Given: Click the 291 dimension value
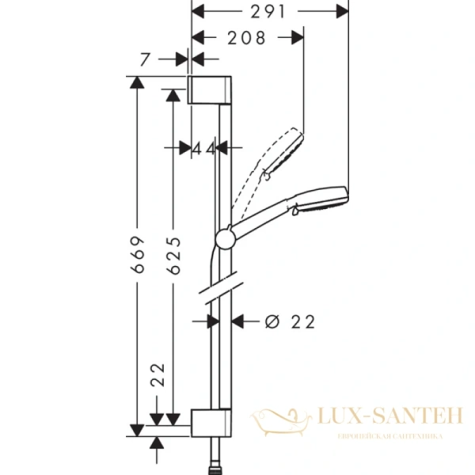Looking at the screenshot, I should pyautogui.click(x=269, y=12).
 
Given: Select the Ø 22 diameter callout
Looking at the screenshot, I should pyautogui.click(x=289, y=321).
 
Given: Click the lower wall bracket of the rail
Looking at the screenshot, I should pyautogui.click(x=210, y=423).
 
